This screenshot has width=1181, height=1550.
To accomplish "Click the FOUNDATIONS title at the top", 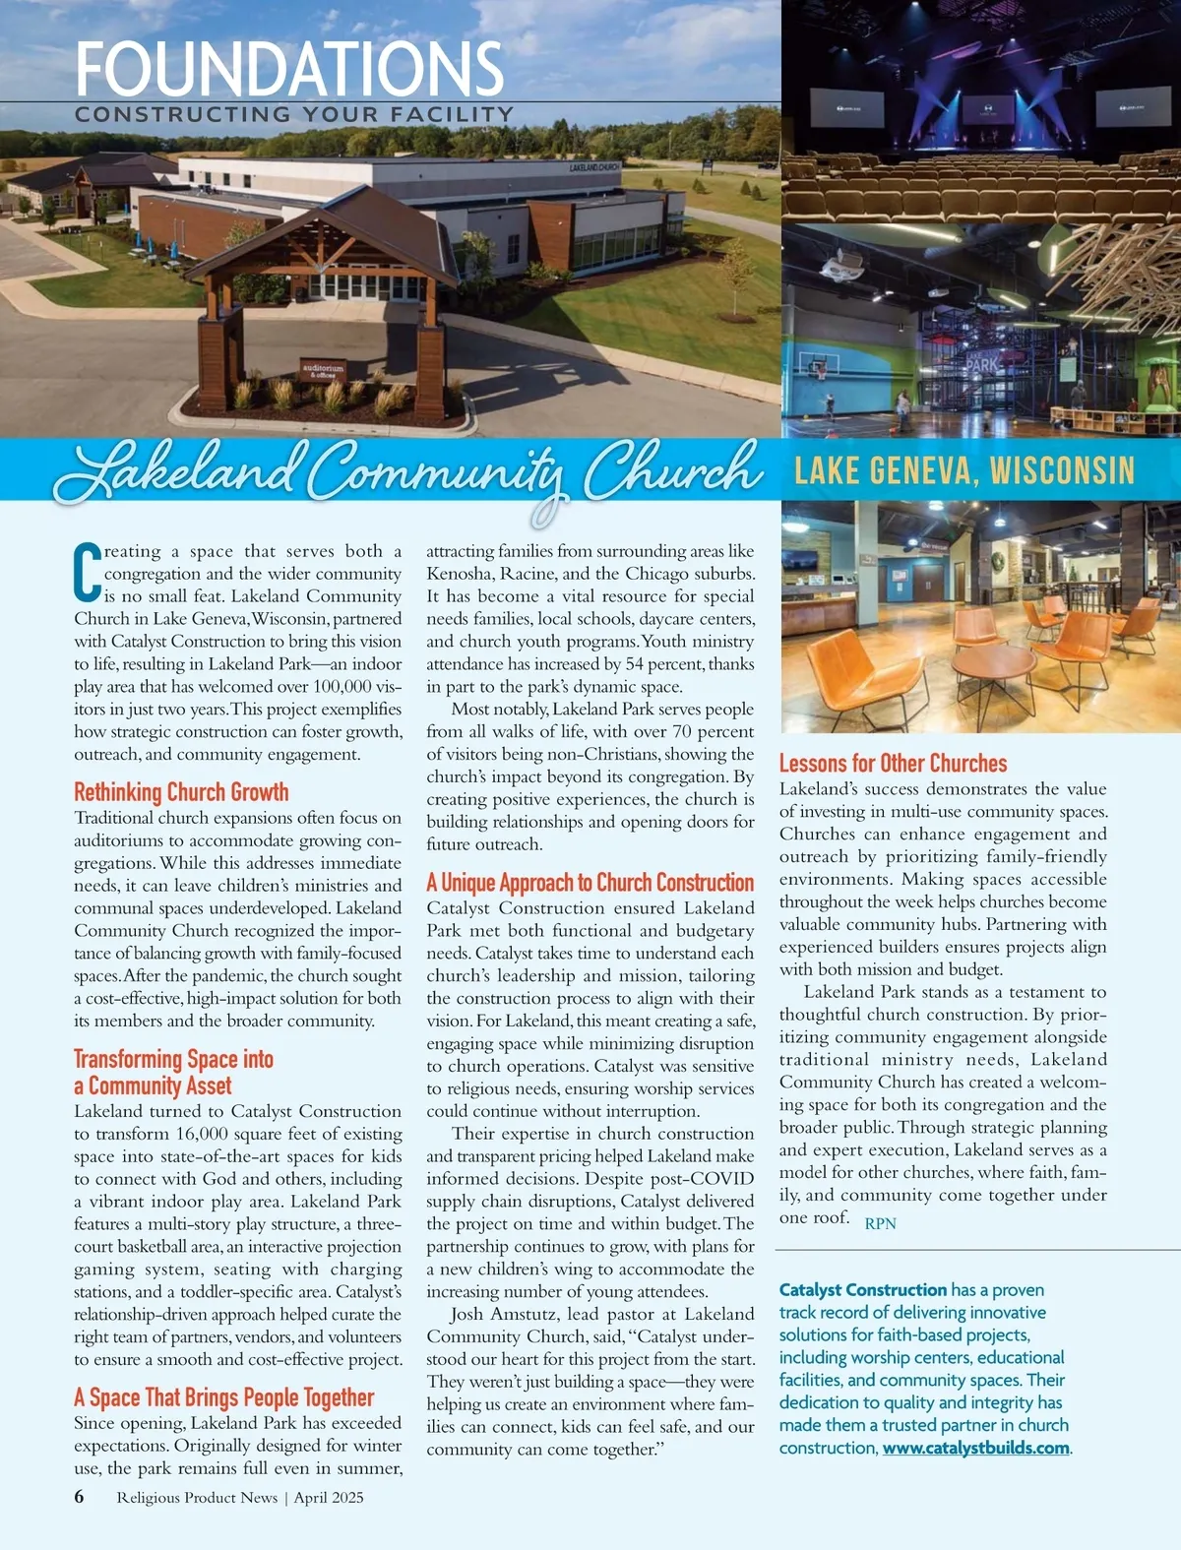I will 289,69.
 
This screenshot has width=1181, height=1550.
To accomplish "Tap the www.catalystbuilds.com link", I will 975,1448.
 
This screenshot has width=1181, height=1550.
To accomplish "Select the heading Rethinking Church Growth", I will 181,792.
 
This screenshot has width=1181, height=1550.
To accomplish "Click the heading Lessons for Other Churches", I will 893,764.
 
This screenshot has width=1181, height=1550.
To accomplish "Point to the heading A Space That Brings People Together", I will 223,1397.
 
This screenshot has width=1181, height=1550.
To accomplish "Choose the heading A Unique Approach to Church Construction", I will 590,883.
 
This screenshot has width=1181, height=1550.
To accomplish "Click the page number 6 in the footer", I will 79,1497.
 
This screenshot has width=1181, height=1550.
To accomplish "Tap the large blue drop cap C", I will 87,572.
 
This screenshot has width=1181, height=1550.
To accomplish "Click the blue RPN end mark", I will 880,1223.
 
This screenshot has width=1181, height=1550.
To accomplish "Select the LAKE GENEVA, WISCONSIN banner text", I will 963,470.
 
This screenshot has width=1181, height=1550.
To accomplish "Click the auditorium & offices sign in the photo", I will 323,371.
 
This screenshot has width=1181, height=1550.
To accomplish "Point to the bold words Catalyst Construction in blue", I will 862,1289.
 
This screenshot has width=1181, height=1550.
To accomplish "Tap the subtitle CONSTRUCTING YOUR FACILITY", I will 293,115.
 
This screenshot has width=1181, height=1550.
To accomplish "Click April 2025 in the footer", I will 329,1498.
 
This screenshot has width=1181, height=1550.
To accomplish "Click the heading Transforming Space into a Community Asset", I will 173,1072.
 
